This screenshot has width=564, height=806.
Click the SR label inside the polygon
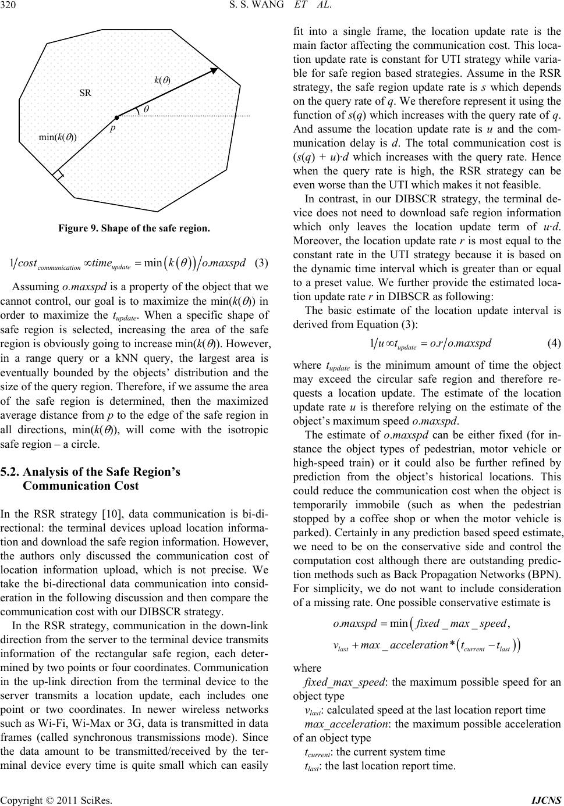pos(85,92)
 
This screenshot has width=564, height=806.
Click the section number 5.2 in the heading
pos(13,472)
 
